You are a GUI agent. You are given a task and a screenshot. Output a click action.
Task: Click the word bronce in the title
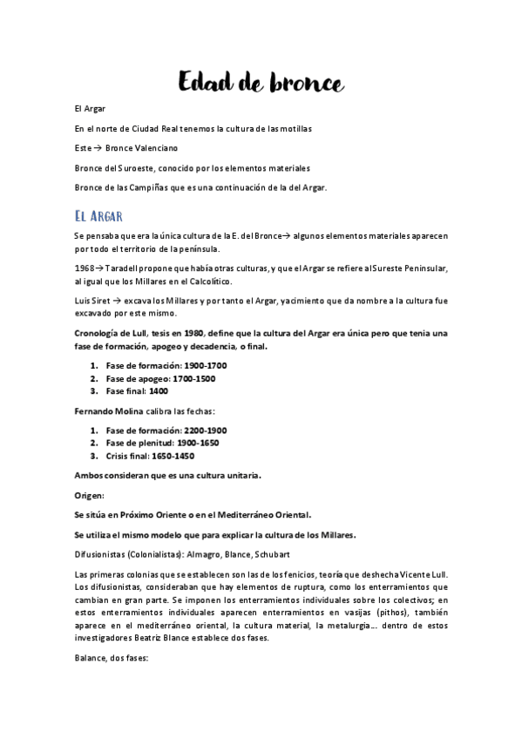[x=298, y=83]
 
